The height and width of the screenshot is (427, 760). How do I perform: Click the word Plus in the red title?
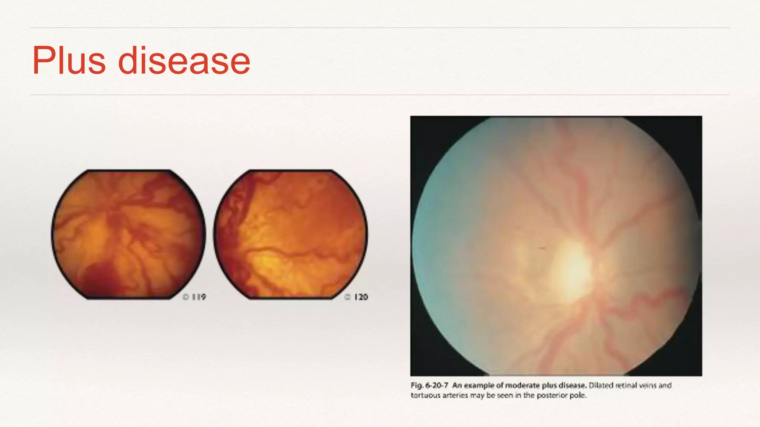point(69,61)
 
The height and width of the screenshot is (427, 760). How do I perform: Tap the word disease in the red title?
point(184,61)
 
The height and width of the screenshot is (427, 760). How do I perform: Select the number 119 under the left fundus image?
point(199,297)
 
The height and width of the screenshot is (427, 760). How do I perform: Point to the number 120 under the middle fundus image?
point(361,297)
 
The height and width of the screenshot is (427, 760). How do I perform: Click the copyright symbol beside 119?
point(186,297)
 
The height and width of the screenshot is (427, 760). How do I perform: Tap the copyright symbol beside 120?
point(347,297)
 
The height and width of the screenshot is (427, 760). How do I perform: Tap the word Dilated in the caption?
point(601,385)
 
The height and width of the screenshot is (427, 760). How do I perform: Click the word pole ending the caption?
point(578,395)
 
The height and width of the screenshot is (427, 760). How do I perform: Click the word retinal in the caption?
point(626,385)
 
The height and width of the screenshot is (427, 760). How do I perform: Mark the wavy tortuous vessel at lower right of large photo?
point(653,297)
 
